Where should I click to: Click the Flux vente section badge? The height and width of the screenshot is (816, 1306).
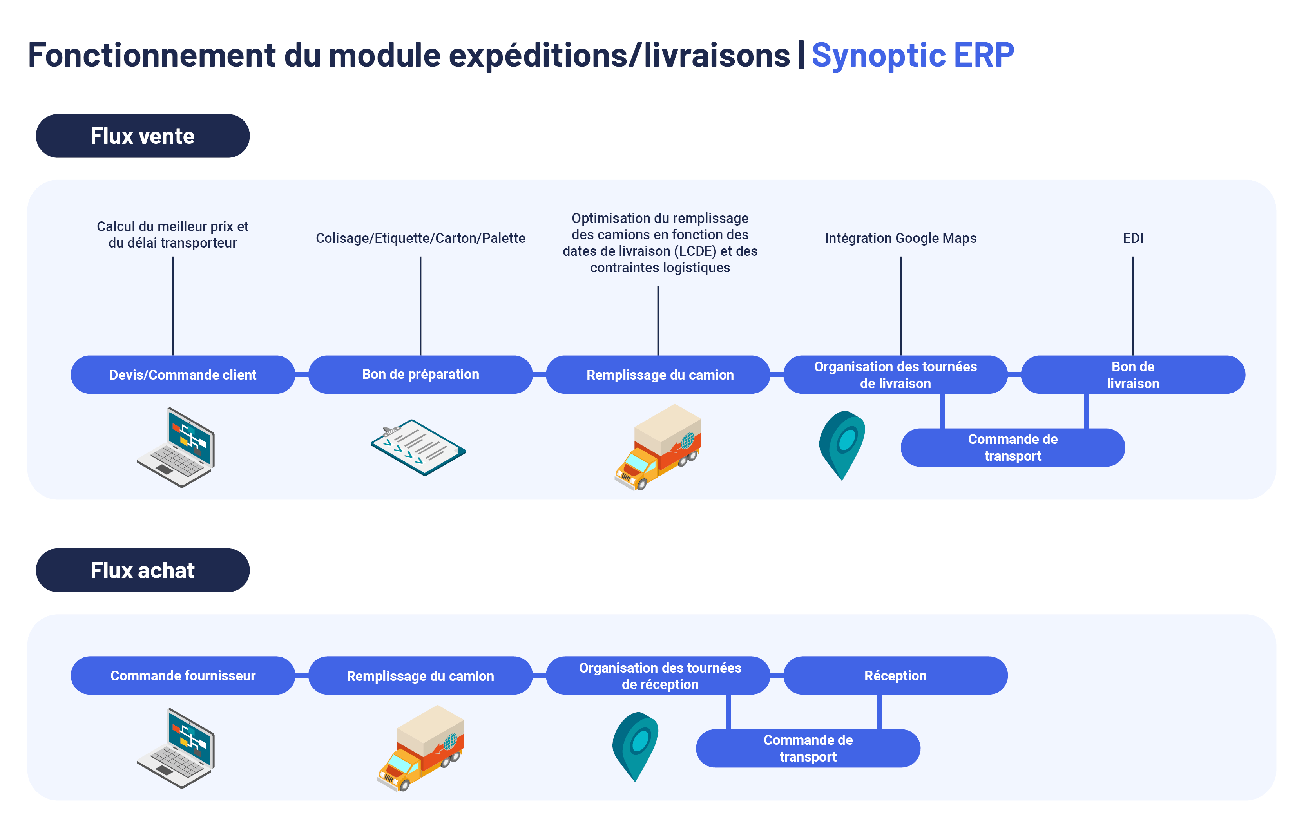click(x=143, y=136)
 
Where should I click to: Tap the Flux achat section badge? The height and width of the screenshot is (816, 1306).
click(x=143, y=570)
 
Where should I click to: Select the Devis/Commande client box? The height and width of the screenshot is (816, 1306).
click(x=183, y=375)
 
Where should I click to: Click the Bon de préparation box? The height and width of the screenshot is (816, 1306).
click(x=420, y=375)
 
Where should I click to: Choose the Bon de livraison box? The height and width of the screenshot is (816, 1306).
click(x=1133, y=375)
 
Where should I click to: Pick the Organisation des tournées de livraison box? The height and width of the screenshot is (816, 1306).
click(x=895, y=375)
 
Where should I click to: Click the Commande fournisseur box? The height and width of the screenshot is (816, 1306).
click(x=183, y=676)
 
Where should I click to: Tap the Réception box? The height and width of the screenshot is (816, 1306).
click(x=895, y=676)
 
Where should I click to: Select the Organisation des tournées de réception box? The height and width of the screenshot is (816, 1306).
click(x=658, y=676)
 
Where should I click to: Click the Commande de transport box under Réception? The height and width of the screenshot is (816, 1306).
click(x=808, y=749)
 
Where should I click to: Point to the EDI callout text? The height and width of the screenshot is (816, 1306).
click(x=1133, y=238)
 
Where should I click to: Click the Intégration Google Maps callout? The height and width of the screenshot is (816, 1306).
click(x=900, y=238)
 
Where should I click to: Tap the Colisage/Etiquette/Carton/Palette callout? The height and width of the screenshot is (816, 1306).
click(x=420, y=238)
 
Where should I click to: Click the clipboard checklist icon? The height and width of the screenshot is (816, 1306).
click(x=418, y=447)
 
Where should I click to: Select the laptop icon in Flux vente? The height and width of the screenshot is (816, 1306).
click(x=176, y=447)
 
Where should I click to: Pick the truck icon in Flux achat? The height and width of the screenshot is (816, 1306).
click(x=420, y=748)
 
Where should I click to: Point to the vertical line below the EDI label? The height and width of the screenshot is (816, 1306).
click(x=1133, y=306)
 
